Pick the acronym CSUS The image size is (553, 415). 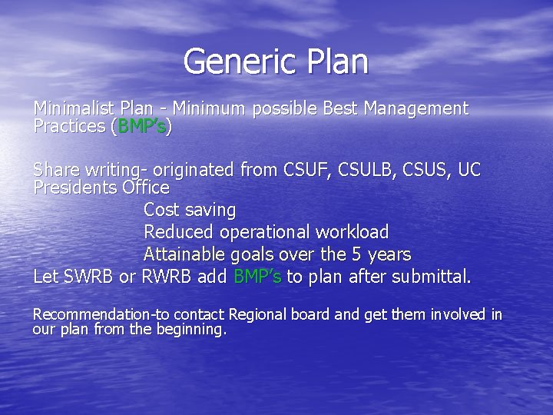pyautogui.click(x=423, y=170)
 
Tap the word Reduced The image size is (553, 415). pyautogui.click(x=178, y=232)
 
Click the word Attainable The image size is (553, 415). pyautogui.click(x=184, y=254)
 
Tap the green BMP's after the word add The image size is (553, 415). pyautogui.click(x=257, y=277)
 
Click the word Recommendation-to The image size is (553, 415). pyautogui.click(x=101, y=314)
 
